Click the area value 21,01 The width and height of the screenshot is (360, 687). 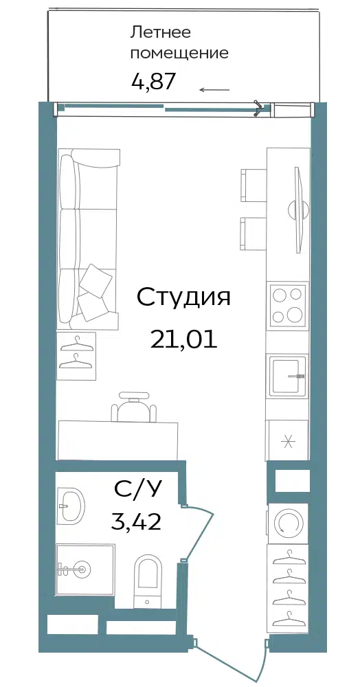(x=183, y=339)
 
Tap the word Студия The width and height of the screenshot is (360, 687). (x=183, y=298)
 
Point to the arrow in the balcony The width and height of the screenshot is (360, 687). (x=214, y=90)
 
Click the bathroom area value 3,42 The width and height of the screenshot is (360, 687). (x=136, y=521)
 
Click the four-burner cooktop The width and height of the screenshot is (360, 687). (x=288, y=305)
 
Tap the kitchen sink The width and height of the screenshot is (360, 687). (x=287, y=376)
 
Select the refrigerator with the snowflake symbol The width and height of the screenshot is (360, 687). (x=287, y=441)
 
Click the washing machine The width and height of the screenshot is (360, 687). (x=288, y=523)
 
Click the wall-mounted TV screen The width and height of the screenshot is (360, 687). (x=299, y=210)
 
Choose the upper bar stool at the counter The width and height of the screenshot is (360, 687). (x=253, y=185)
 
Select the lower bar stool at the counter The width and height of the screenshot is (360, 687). (x=253, y=234)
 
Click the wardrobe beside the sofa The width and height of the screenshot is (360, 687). (x=77, y=355)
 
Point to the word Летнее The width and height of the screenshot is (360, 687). (x=161, y=32)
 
